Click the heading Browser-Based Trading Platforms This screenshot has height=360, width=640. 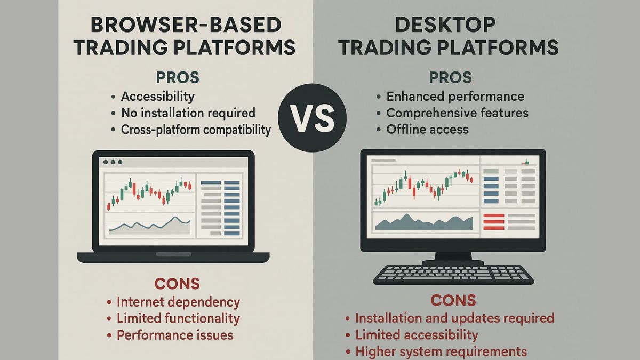tap(184, 36)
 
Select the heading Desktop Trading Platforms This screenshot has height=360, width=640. tap(449, 36)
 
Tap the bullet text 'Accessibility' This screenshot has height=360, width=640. tap(157, 97)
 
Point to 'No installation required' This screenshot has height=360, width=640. tap(188, 113)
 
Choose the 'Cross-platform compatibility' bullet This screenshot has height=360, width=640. tap(196, 130)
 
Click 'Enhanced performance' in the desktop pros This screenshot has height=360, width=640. tap(455, 97)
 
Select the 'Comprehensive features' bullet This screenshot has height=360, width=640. tap(457, 113)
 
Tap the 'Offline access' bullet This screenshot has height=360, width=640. tap(427, 130)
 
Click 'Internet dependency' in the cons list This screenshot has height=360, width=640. tap(178, 302)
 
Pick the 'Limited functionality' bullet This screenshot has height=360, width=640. tap(178, 318)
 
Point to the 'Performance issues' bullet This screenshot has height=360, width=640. tap(175, 335)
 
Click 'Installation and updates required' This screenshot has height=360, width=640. tap(454, 318)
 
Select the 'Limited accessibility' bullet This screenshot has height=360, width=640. tap(416, 335)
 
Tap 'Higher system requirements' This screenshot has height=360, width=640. tap(441, 351)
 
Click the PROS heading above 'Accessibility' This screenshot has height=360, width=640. tap(178, 77)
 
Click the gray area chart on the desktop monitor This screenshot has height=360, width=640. tap(424, 222)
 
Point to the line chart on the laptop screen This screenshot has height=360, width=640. tap(150, 225)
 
